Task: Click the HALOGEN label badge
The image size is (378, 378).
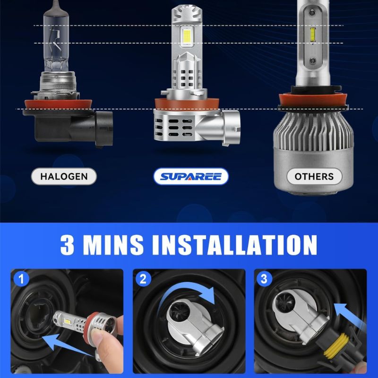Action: click(64, 176)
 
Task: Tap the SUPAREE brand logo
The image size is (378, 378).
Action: click(191, 176)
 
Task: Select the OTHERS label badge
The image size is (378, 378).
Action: click(314, 176)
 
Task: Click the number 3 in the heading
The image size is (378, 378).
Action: click(67, 245)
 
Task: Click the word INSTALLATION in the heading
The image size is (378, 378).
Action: click(234, 245)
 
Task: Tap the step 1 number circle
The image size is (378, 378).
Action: click(21, 279)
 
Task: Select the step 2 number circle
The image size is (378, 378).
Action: click(143, 279)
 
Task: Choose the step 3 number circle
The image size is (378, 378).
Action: click(265, 279)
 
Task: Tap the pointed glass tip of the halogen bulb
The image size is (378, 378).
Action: click(56, 4)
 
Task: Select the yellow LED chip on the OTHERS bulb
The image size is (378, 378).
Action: click(313, 35)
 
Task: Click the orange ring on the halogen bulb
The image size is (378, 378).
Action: click(58, 104)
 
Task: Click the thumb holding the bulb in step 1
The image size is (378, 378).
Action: click(106, 342)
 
